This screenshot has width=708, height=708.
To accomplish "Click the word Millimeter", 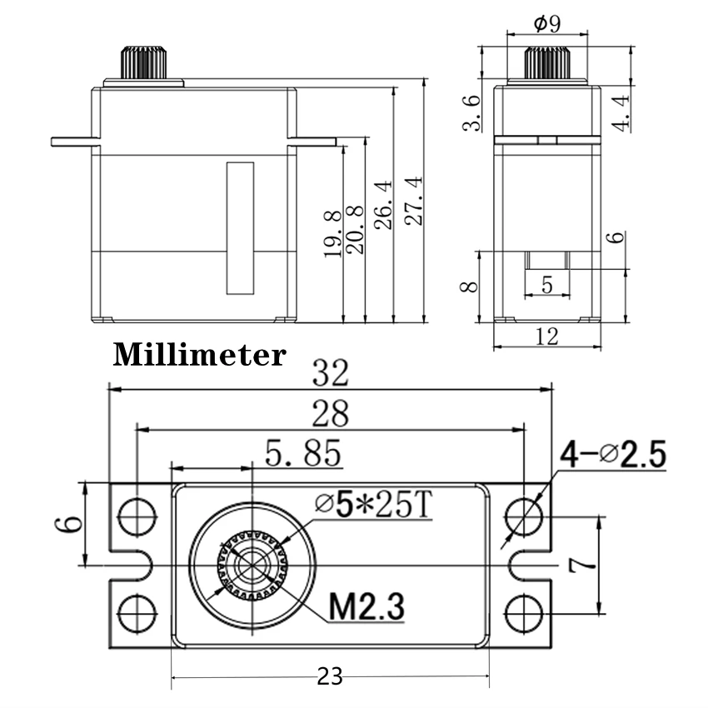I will pos(199,355).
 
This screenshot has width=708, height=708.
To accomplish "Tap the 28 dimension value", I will pos(331,413).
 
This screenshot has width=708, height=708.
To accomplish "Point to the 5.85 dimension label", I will pos(303,454).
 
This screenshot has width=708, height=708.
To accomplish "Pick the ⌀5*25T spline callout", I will pos(375,504).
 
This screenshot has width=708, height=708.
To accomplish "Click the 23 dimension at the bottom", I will pos(330,677).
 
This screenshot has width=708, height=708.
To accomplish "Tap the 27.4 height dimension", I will pos(414,201).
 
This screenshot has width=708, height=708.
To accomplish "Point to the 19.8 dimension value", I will pos(333,234).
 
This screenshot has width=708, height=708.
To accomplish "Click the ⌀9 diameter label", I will pos(547,23).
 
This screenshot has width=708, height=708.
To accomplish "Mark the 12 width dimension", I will pos(547,337).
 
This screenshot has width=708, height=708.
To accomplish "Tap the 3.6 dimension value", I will pos(472,112).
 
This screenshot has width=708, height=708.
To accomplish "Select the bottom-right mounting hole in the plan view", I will pos(523,614).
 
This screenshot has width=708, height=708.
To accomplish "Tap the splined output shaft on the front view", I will pos(144,62).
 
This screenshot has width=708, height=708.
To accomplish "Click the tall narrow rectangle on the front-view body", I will pos(240,227).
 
